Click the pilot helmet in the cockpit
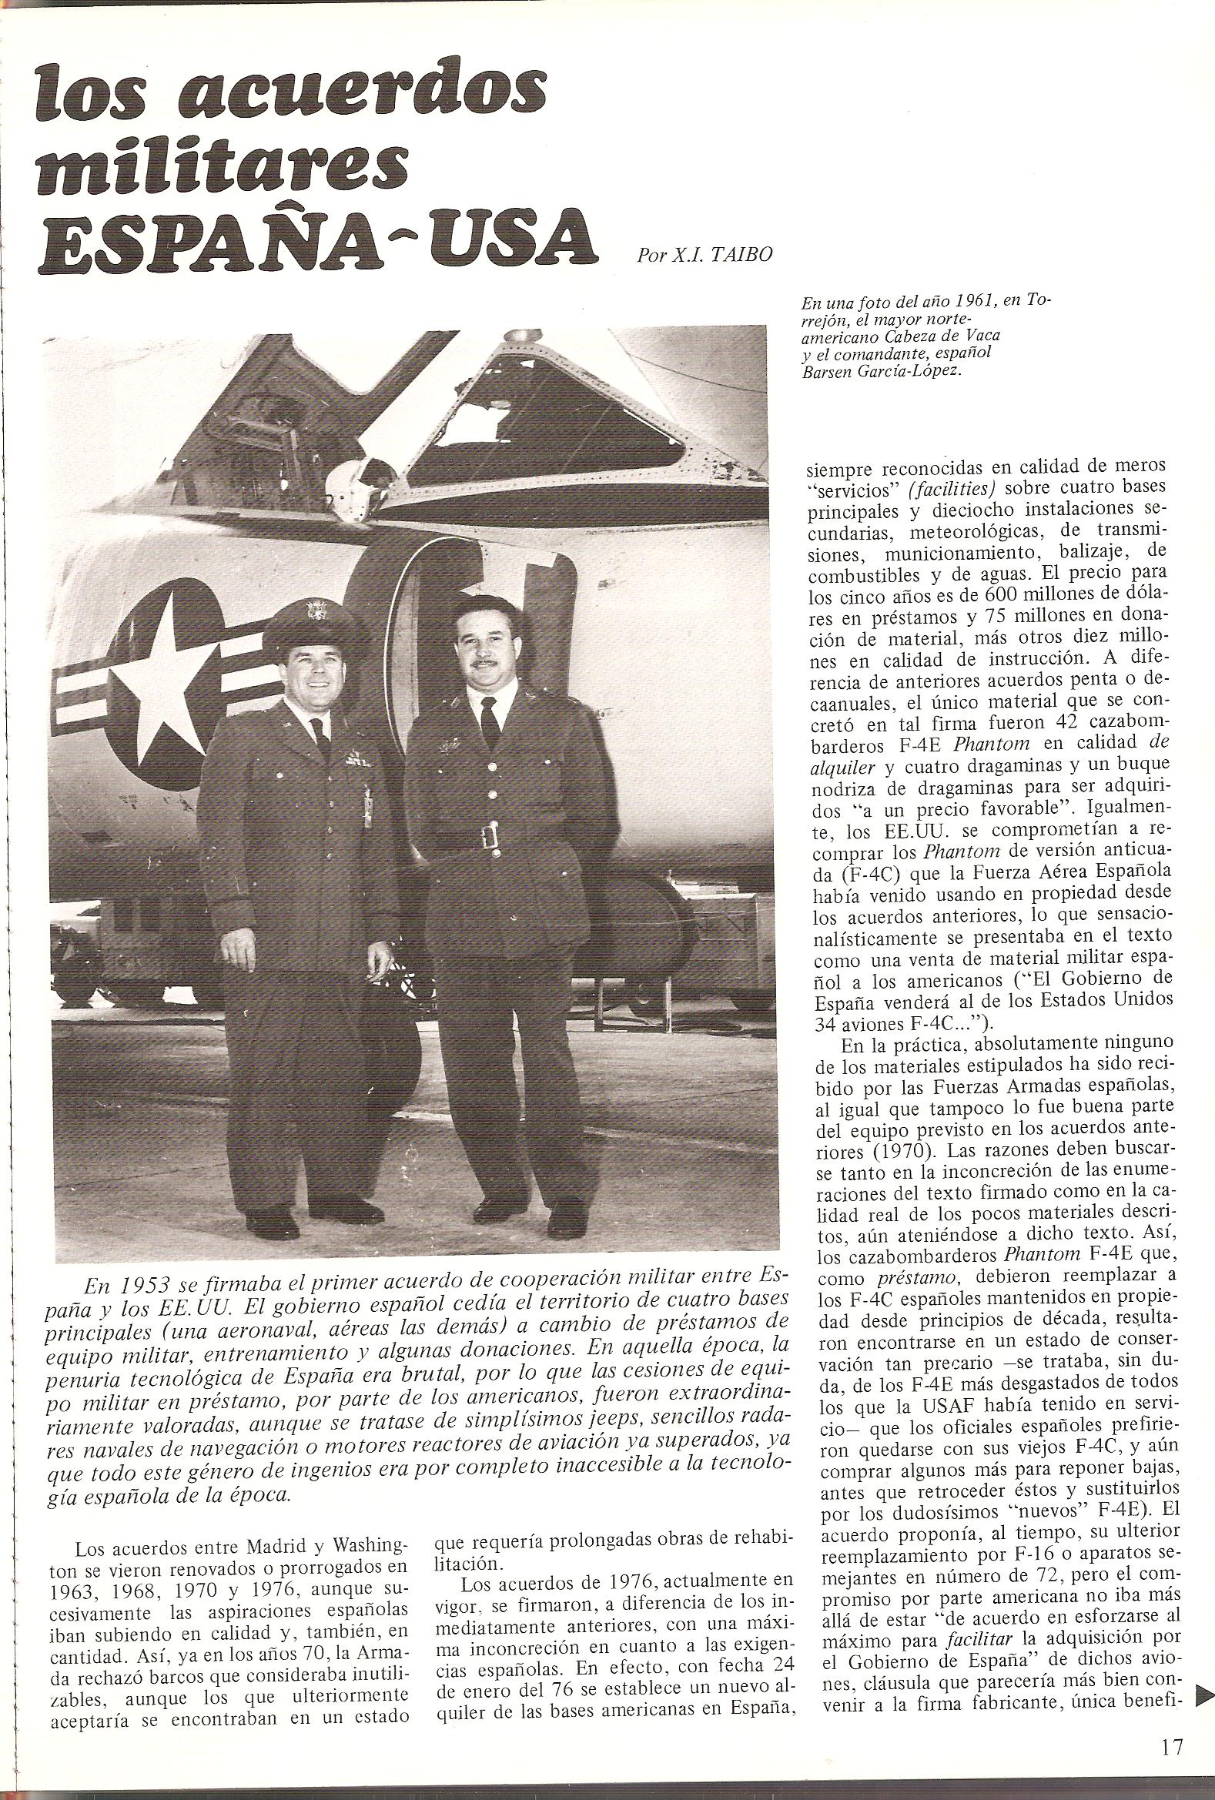coord(345,486)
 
